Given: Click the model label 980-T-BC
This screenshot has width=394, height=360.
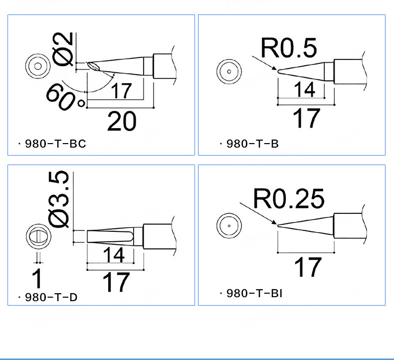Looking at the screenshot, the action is click(55, 144).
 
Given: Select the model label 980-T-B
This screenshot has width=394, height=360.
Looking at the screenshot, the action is click(252, 144).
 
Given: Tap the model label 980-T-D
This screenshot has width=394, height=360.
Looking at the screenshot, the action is click(51, 298).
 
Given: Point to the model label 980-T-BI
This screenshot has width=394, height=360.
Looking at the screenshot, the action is click(254, 293).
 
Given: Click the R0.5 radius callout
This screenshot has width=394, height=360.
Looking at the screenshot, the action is click(289, 48).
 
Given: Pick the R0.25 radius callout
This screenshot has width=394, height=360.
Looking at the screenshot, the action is click(289, 199).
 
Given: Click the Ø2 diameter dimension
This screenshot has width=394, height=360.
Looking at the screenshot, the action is click(63, 49).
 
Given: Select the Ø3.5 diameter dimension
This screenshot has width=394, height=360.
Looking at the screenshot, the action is click(58, 199).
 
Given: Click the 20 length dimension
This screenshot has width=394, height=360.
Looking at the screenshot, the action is click(122, 122).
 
